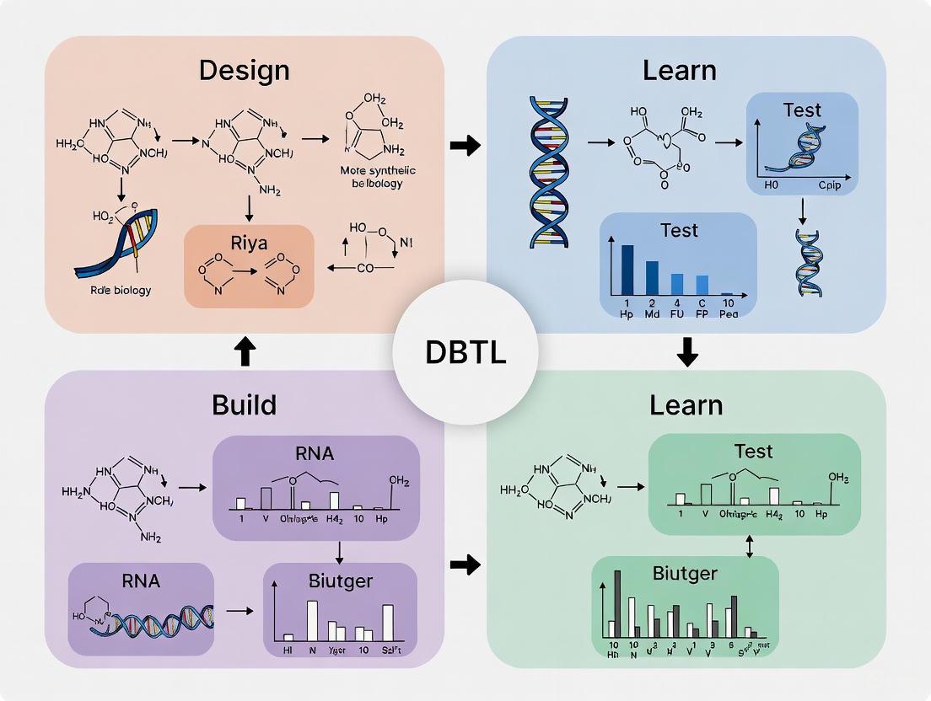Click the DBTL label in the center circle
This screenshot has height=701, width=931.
coord(465,352)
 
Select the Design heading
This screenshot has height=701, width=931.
coord(244,70)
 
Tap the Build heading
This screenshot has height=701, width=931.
coord(244,404)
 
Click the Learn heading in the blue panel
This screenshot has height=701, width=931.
coord(679,70)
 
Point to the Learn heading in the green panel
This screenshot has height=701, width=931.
coord(686,405)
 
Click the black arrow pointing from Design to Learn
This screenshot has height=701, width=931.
coord(465,146)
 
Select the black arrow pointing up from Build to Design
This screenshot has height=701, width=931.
coord(244,351)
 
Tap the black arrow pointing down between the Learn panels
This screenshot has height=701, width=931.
coord(687,351)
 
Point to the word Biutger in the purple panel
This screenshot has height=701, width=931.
coord(341,581)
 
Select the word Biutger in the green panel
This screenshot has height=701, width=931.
coord(685,574)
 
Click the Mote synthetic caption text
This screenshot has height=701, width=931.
coord(366,171)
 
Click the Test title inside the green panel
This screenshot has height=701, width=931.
coord(754,452)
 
